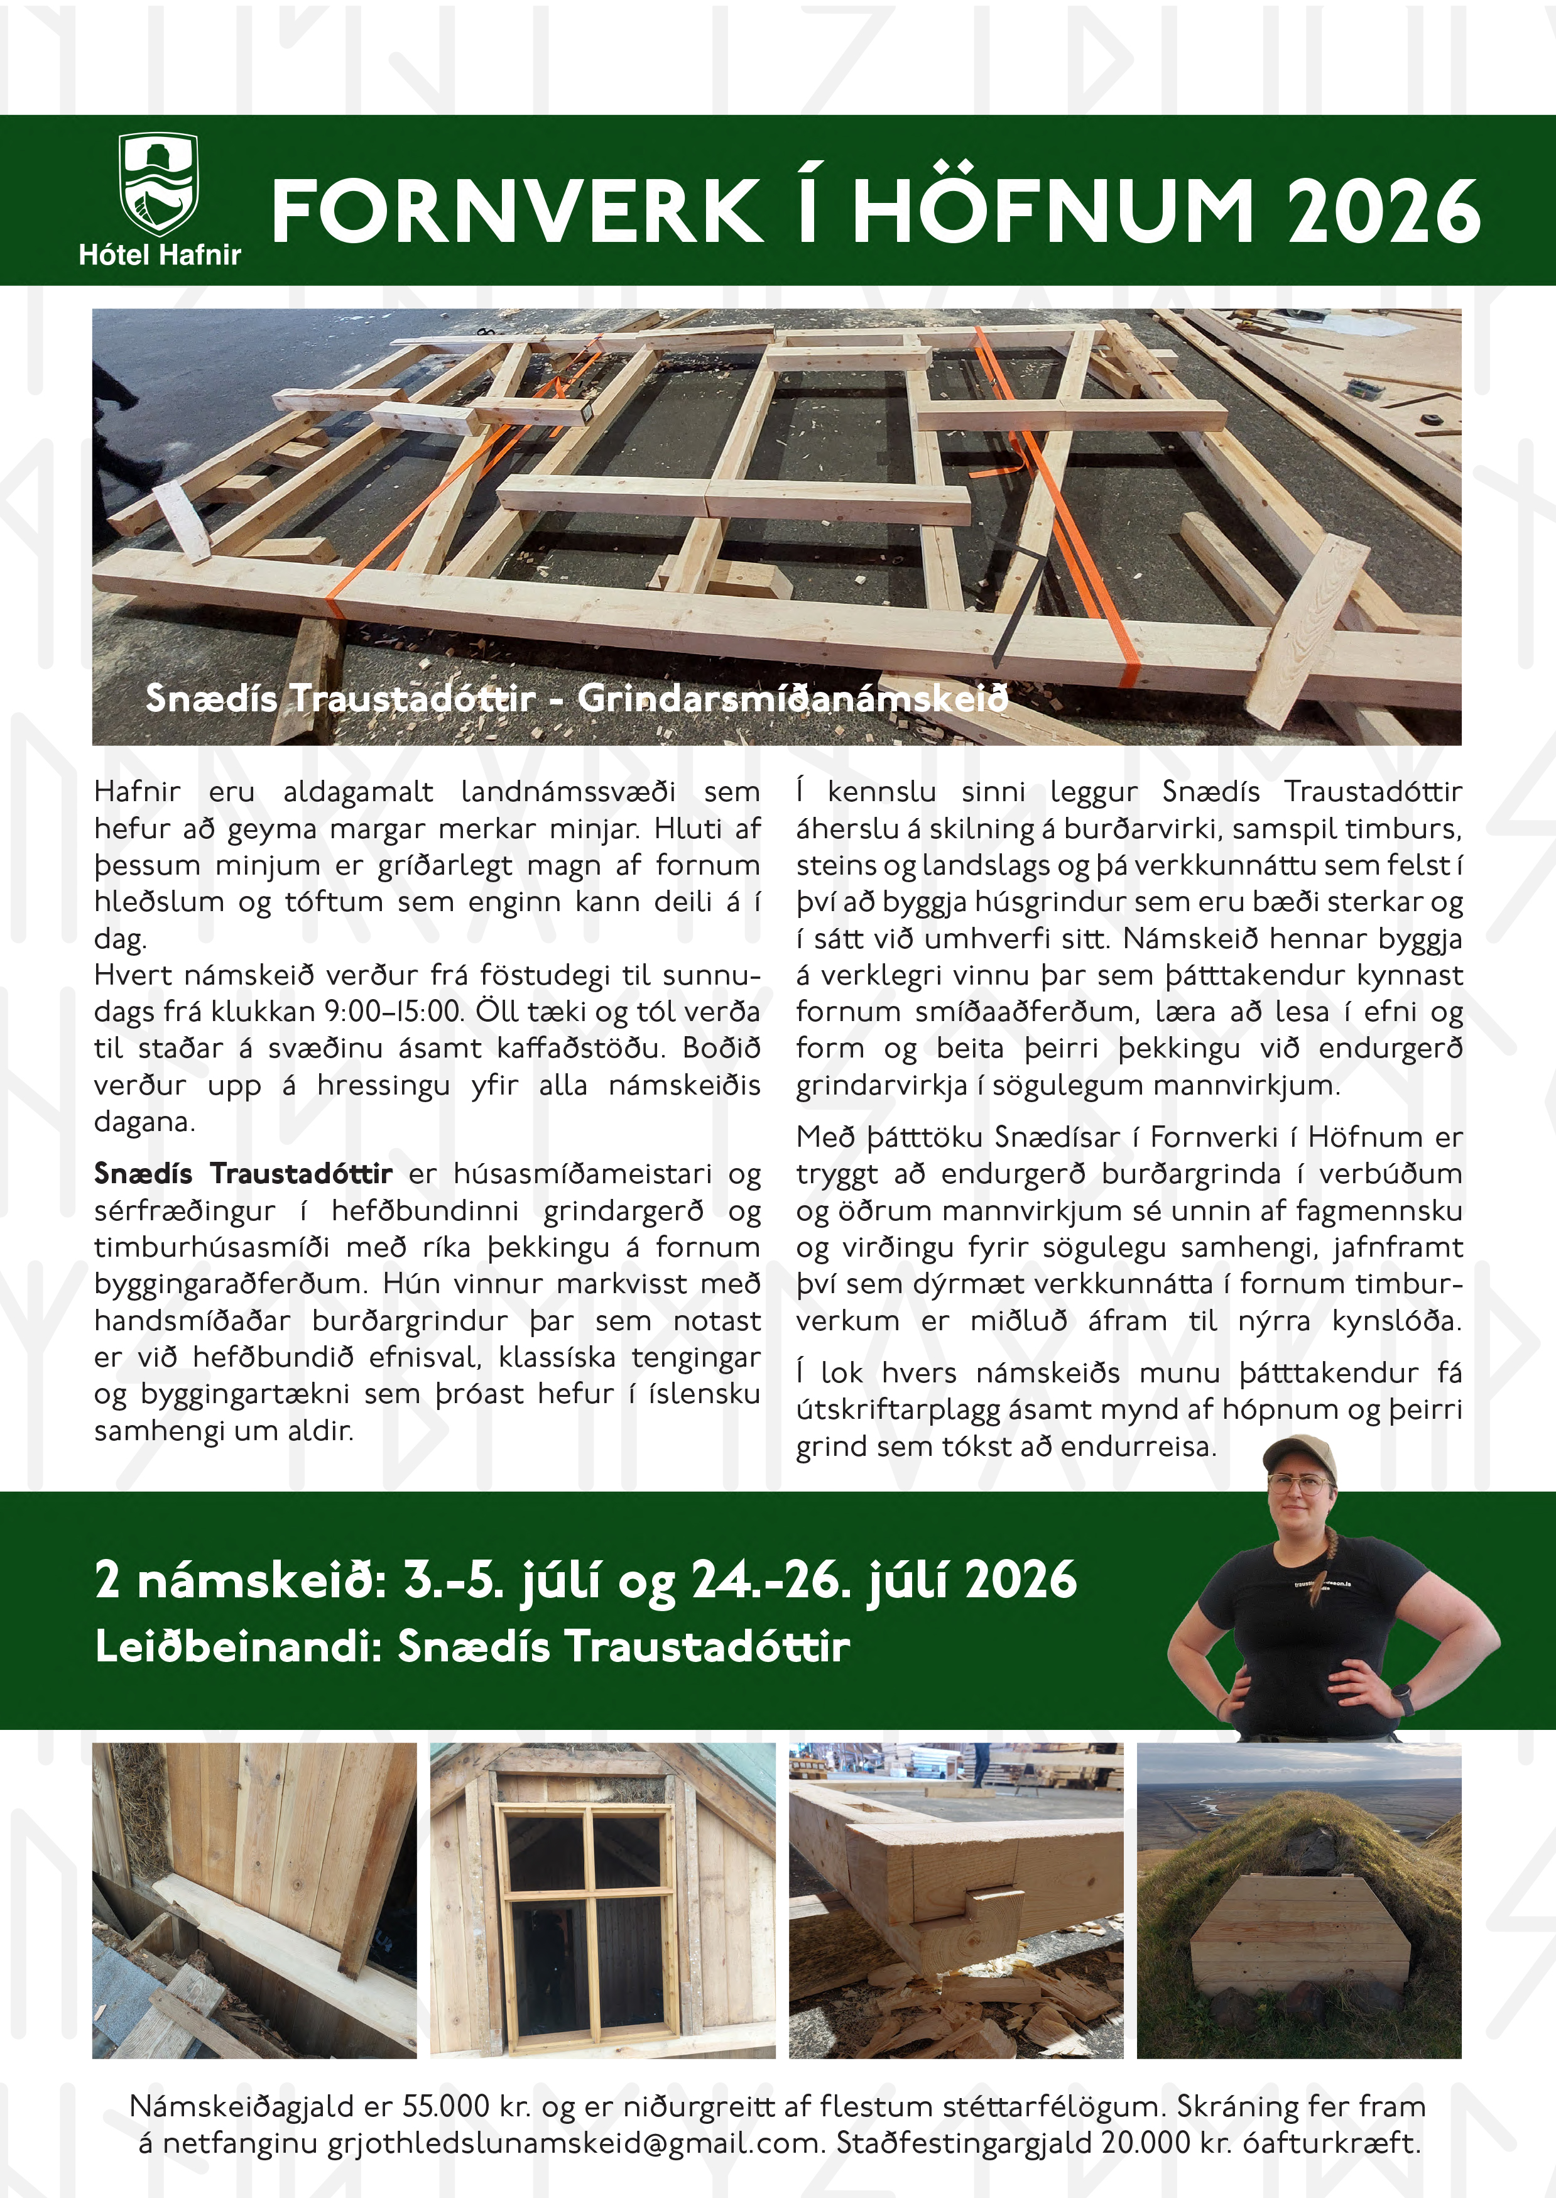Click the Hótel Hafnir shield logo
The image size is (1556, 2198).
click(158, 184)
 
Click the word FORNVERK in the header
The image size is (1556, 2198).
click(516, 211)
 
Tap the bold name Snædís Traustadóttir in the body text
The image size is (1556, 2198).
click(243, 1174)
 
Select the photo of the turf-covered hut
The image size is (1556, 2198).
click(1298, 1899)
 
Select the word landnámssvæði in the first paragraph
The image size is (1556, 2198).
click(568, 792)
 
